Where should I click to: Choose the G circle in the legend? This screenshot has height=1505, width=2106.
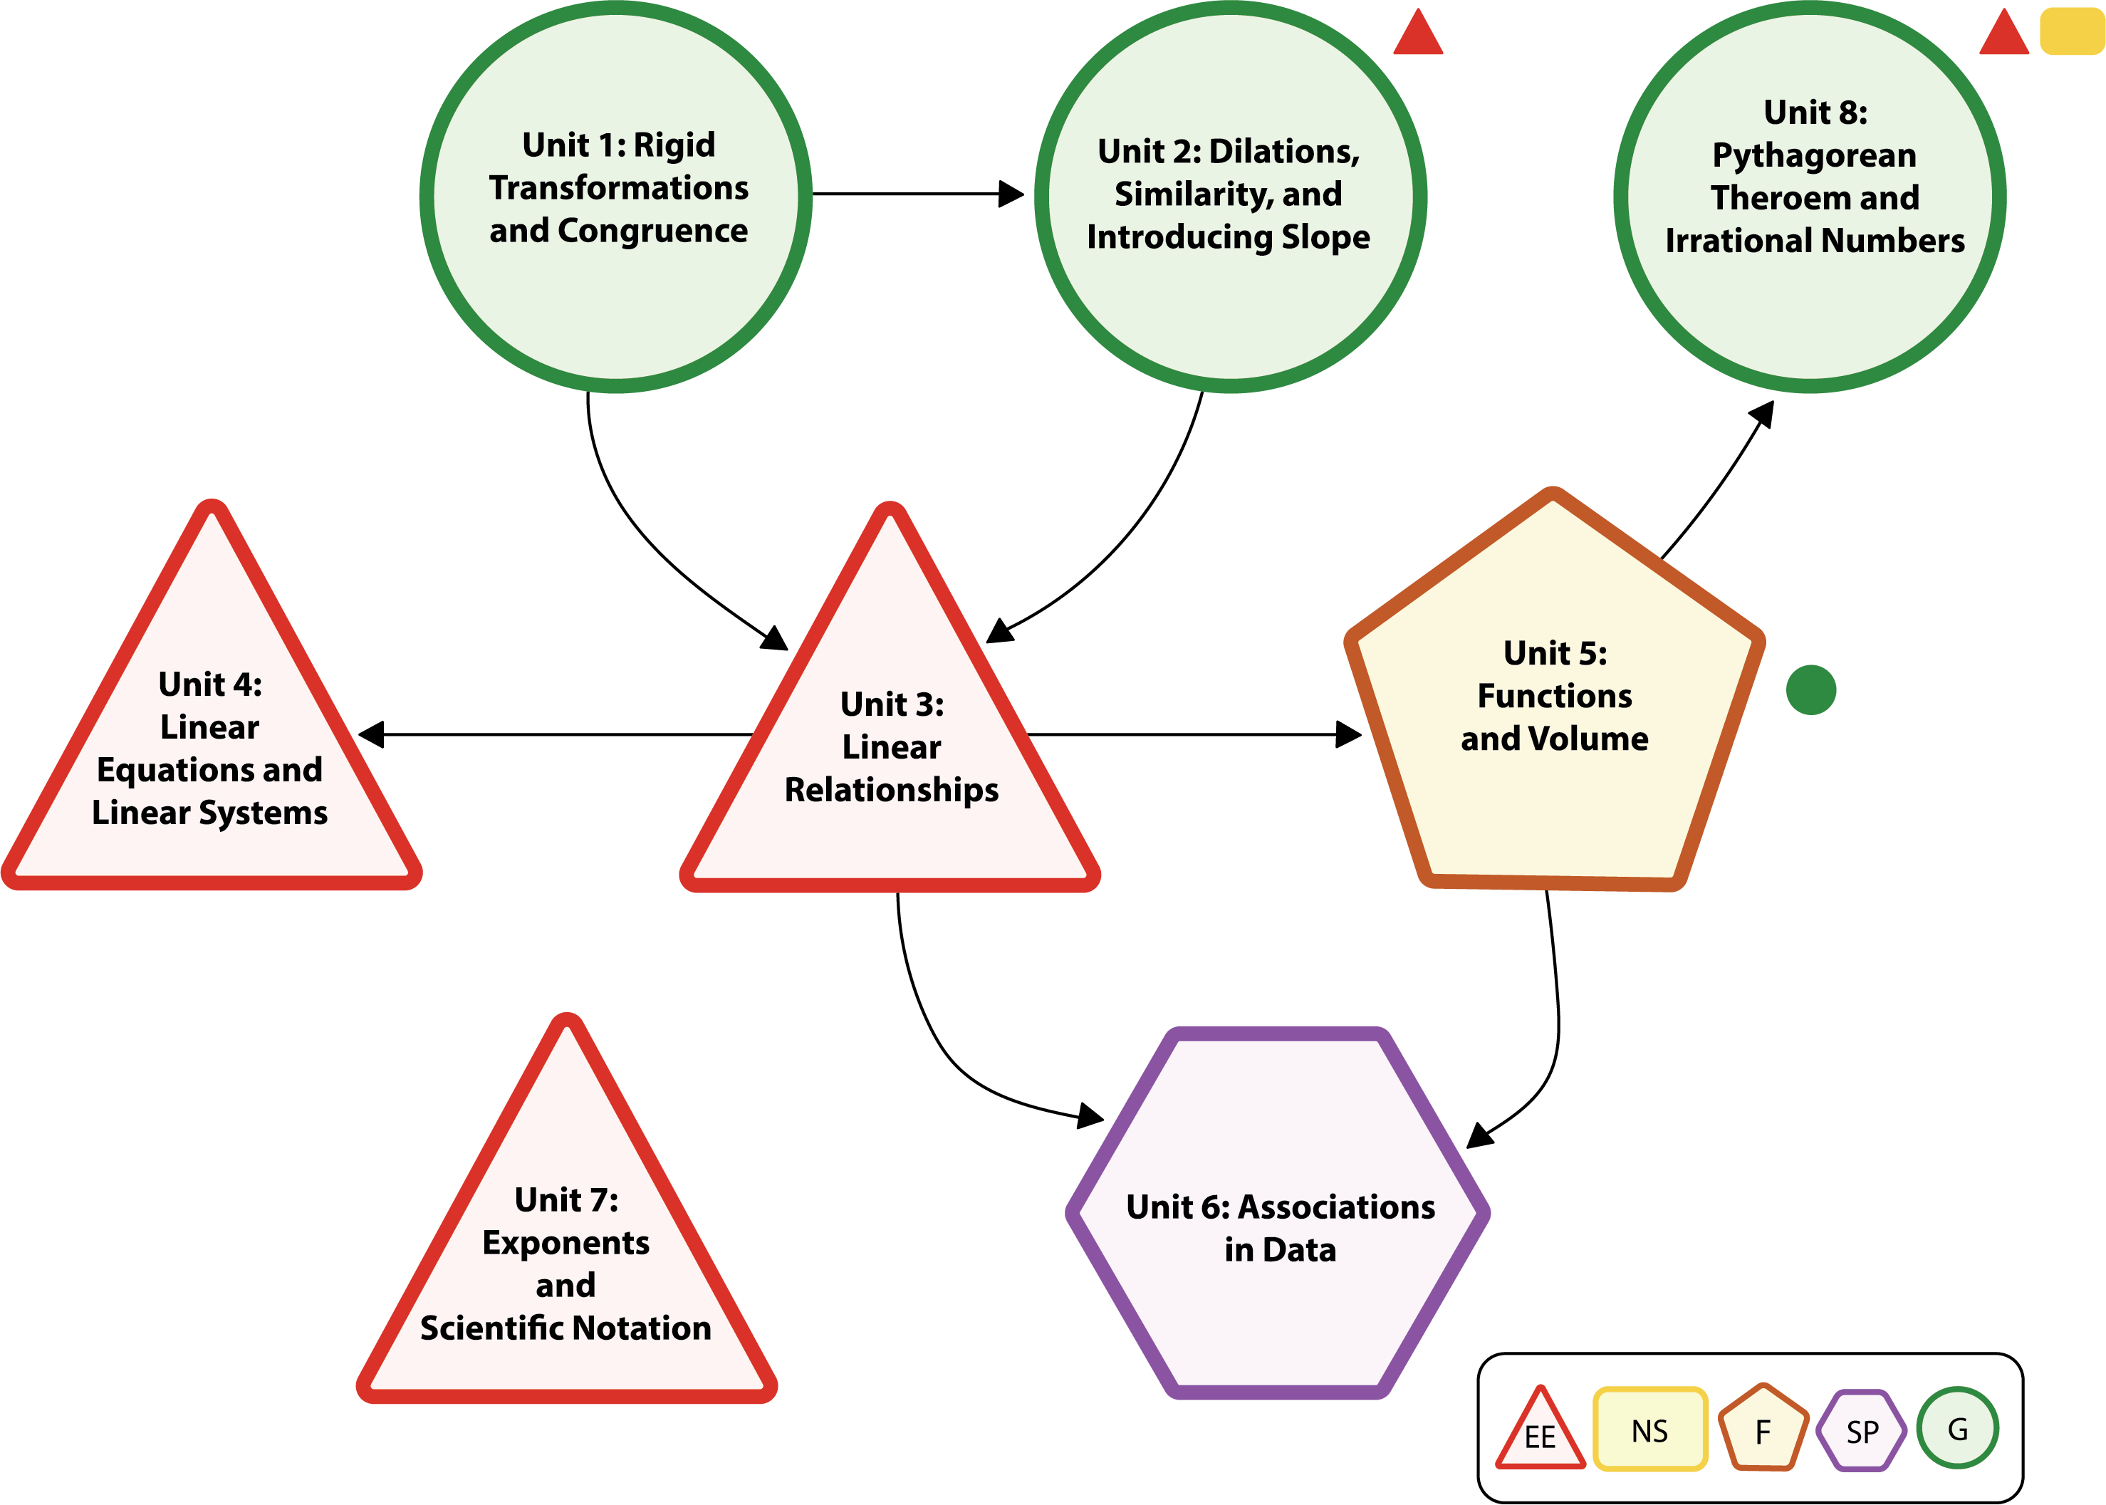click(1957, 1428)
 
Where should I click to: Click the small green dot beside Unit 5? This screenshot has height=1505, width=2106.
click(1810, 690)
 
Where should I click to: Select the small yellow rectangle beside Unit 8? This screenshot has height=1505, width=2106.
click(2073, 31)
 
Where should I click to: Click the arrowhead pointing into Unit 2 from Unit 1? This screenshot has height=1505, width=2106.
click(1012, 194)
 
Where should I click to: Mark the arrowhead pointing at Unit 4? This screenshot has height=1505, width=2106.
click(370, 735)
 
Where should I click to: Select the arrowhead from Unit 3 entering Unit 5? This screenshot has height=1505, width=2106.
click(1349, 735)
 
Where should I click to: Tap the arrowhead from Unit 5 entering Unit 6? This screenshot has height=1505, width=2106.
click(1480, 1135)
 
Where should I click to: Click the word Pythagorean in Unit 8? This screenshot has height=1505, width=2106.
click(1814, 156)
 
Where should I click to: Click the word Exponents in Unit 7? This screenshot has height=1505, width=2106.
click(565, 1243)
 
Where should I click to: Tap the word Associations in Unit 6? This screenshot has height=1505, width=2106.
click(1336, 1207)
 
